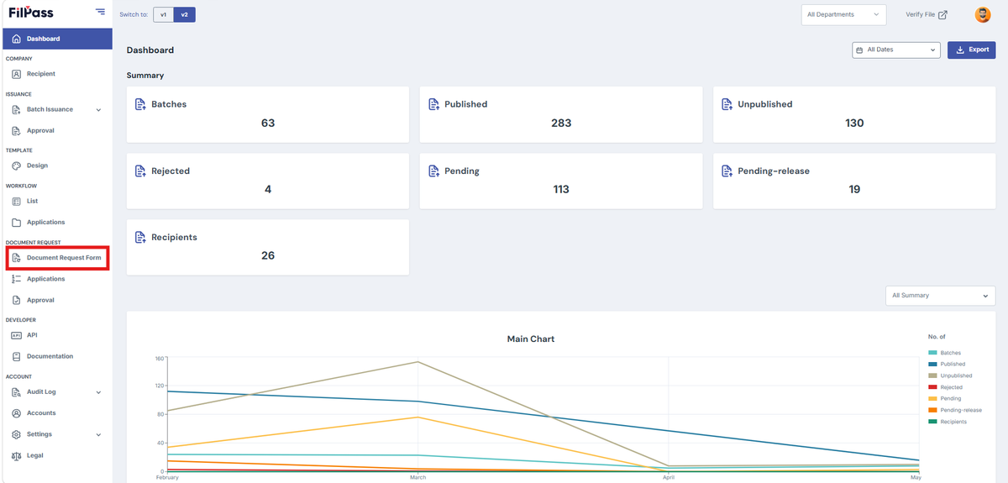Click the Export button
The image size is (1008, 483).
pos(971,50)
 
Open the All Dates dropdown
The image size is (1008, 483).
pos(895,50)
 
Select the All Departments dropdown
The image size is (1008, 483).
pos(843,15)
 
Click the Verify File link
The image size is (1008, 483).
pos(926,15)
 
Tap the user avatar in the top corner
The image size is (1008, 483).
pos(982,15)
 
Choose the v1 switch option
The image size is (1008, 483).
pos(163,15)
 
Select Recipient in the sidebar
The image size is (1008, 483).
pos(40,74)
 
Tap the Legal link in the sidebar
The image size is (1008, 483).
pos(34,455)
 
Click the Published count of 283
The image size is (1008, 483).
pos(561,123)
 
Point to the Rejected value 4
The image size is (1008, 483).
pos(268,189)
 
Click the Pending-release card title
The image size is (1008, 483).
pos(773,171)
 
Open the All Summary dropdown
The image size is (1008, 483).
pos(940,296)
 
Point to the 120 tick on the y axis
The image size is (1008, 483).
pos(160,386)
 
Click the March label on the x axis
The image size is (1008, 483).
pos(417,477)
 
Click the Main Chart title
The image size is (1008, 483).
pos(531,339)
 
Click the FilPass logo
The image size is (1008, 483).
pos(30,12)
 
